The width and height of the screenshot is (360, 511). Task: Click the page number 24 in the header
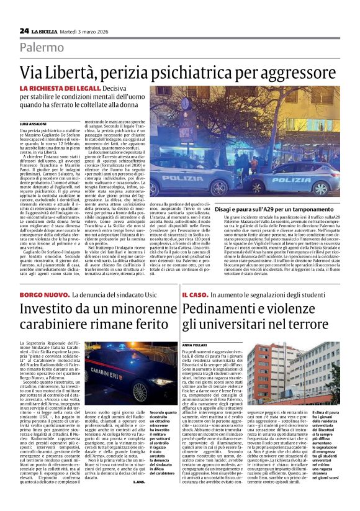click(x=24, y=31)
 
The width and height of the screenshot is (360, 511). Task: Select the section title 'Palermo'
click(x=42, y=48)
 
